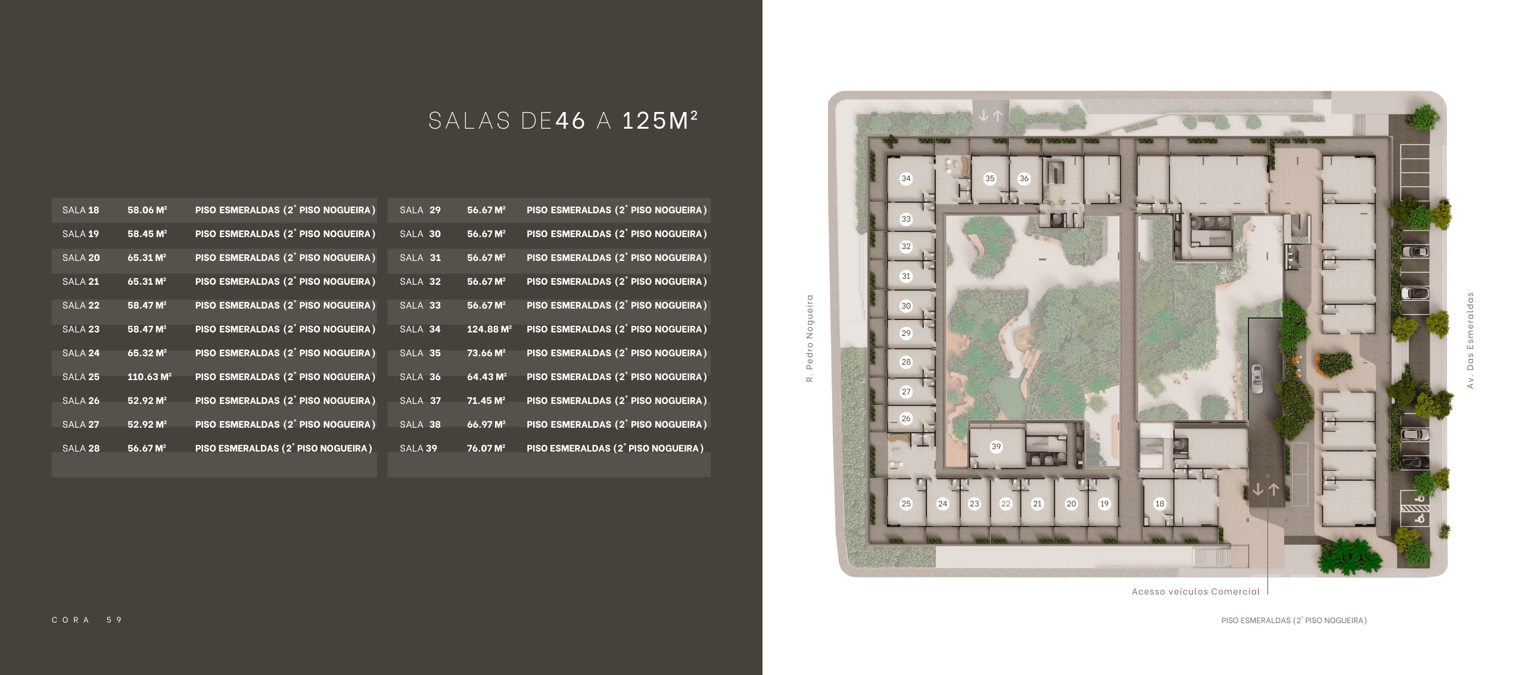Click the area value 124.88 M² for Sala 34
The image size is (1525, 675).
[489, 329]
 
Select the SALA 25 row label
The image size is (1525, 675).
[81, 377]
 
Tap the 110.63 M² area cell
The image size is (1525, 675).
[149, 377]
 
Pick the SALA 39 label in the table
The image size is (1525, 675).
[418, 448]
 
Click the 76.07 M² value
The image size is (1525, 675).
[486, 448]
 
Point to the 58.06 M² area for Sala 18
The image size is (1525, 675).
[147, 210]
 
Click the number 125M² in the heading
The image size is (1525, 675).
[659, 120]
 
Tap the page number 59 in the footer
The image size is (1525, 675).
[114, 620]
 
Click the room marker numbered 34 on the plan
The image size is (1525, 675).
[906, 178]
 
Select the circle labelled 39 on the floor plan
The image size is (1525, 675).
[996, 446]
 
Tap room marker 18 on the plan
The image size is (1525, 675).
[1160, 503]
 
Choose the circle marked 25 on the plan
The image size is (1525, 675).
[906, 503]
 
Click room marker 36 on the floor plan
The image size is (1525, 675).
[1024, 178]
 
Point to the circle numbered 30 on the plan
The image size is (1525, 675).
[906, 306]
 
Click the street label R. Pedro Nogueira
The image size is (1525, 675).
[810, 338]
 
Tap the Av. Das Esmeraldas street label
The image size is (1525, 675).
[1470, 340]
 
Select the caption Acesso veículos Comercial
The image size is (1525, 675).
[1196, 592]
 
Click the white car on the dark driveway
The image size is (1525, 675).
[1257, 378]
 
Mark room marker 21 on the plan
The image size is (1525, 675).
[1037, 503]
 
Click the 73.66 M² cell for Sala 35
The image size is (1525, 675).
[486, 353]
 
